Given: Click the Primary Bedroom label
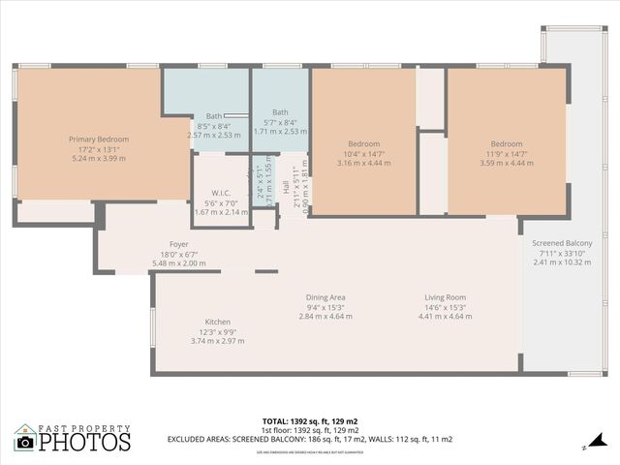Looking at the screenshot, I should (x=99, y=139).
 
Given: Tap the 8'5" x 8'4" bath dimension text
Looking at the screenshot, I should (x=213, y=126).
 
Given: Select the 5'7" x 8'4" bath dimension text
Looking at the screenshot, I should (x=280, y=122).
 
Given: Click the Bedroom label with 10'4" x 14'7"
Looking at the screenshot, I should (x=363, y=144).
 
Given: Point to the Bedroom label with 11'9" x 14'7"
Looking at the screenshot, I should (x=506, y=144).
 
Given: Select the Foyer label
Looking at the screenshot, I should (x=179, y=244).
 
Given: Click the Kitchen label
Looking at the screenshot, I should (x=217, y=322).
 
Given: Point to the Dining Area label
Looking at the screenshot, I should (x=325, y=297).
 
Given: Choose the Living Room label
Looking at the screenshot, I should (x=445, y=297).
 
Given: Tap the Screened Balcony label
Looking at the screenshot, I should (x=565, y=242).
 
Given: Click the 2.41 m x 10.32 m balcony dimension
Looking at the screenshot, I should (x=565, y=262).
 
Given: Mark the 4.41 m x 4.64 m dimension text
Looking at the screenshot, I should (x=445, y=317).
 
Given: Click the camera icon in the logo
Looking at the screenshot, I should (x=25, y=442).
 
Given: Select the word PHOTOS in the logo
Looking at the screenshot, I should (x=84, y=443).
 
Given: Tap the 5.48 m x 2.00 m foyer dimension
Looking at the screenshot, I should (x=179, y=263).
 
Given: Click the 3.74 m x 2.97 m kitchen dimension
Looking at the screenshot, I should (x=217, y=341).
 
